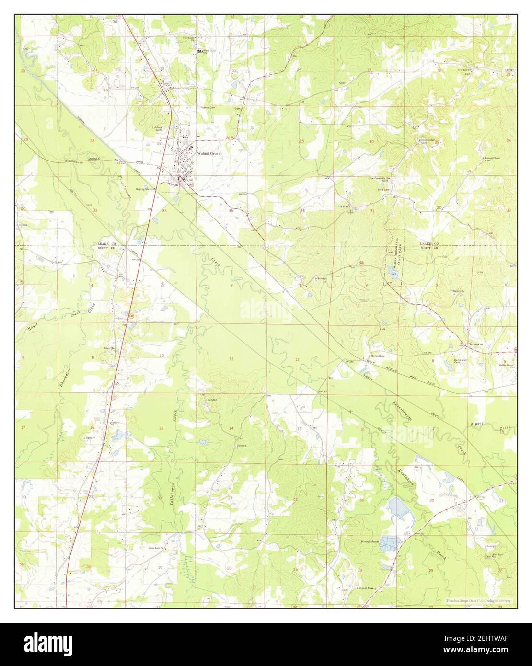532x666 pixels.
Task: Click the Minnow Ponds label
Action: click(x=370, y=541)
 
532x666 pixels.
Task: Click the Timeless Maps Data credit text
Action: click(x=477, y=601)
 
